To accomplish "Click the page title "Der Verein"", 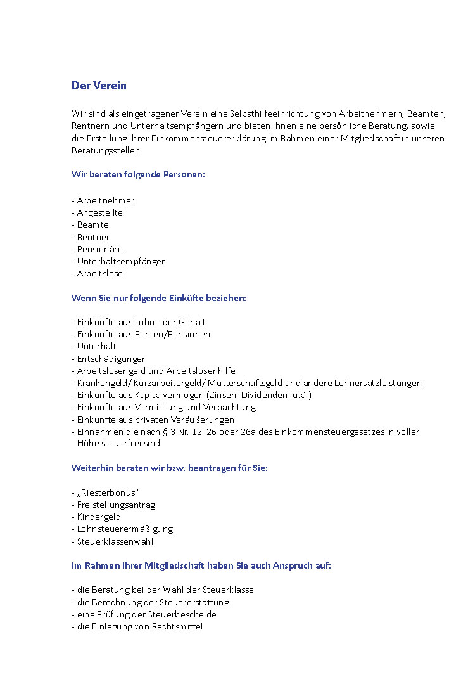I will click(99, 86).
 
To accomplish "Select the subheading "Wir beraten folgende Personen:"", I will click(138, 174).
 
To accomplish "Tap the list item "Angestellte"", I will click(99, 212).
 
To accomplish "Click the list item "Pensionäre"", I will click(99, 249).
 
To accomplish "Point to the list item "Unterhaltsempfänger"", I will click(120, 261).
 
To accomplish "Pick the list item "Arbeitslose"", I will click(99, 273).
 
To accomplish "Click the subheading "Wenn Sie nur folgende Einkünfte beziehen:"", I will click(158, 298).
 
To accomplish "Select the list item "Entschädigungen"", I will click(111, 359).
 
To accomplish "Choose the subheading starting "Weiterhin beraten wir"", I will click(169, 468).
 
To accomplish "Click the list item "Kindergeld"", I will click(99, 517).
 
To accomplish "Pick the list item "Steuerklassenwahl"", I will click(115, 541).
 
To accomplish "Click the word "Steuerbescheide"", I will click(187, 614).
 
